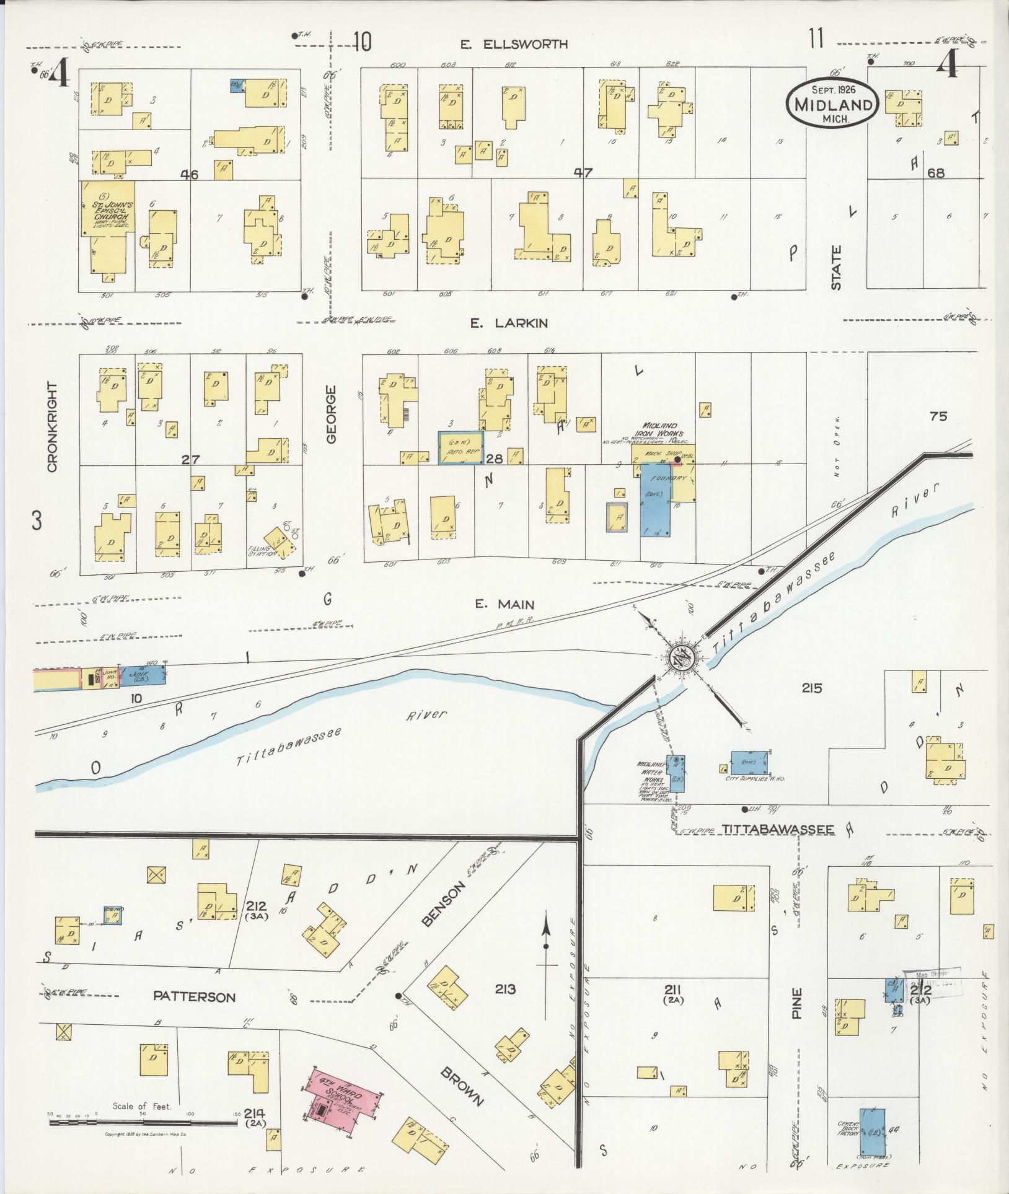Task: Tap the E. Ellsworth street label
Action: pyautogui.click(x=514, y=45)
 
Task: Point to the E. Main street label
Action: pyautogui.click(x=504, y=604)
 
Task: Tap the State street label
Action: pyautogui.click(x=837, y=268)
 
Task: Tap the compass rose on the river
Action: pyautogui.click(x=680, y=657)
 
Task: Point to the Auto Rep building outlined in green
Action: pyautogui.click(x=460, y=448)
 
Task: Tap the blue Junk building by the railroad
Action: pyautogui.click(x=143, y=675)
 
